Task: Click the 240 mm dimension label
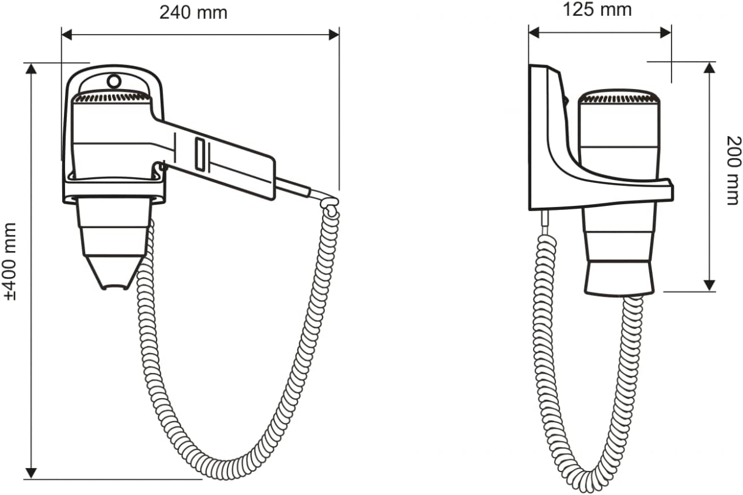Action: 194,13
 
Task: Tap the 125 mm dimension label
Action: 597,10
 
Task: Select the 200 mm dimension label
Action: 734,171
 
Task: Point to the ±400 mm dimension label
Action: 10,262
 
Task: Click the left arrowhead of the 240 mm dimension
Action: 67,35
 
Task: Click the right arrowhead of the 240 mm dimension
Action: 334,35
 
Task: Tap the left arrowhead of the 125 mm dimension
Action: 534,33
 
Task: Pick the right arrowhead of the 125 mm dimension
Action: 666,33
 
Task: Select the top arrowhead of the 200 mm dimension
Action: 709,68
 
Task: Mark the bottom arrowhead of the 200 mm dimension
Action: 709,285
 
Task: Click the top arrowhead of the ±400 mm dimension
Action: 31,69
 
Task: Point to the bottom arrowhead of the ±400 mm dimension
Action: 31,473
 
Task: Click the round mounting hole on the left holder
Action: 114,82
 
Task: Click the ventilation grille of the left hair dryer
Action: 111,97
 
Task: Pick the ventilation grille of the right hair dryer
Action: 619,98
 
